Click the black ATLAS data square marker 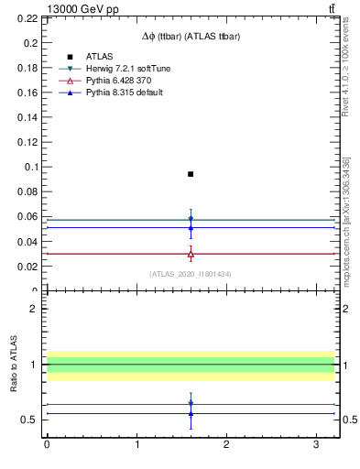pos(191,174)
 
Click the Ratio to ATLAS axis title pos(15,365)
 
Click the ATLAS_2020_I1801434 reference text pos(191,274)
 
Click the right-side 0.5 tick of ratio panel pos(348,420)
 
